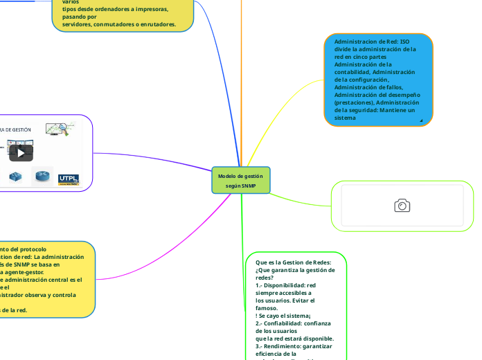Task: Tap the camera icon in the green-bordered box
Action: [x=402, y=205]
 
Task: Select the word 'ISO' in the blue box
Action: [x=404, y=42]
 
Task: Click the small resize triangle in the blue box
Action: [x=421, y=120]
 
